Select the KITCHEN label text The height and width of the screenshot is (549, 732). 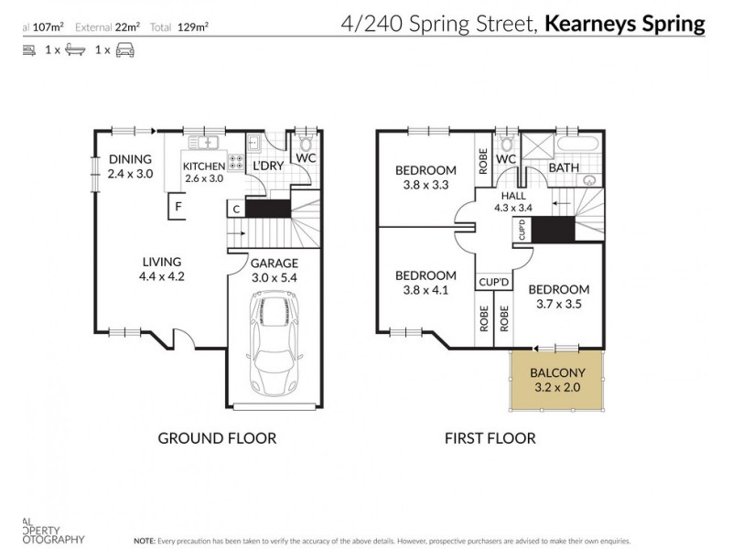click(x=203, y=171)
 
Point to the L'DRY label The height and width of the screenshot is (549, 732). click(x=267, y=166)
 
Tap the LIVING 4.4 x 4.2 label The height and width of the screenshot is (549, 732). click(x=161, y=268)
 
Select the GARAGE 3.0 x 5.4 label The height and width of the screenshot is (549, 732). click(x=274, y=270)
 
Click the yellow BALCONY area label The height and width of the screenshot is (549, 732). click(x=557, y=380)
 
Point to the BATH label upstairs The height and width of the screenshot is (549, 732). click(x=563, y=168)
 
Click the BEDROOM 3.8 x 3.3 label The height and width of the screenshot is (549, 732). click(x=425, y=177)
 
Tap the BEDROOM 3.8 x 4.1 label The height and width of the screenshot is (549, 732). click(x=425, y=282)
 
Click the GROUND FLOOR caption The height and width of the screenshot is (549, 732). click(x=217, y=438)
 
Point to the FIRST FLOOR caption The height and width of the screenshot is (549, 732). click(x=490, y=438)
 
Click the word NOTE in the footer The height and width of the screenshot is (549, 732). click(x=145, y=541)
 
